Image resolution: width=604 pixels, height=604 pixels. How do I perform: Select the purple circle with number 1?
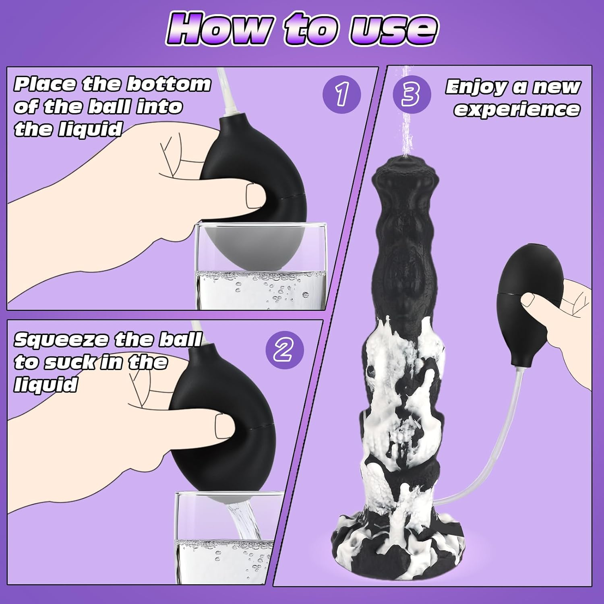click(341, 94)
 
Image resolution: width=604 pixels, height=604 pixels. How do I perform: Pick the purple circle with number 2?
click(284, 350)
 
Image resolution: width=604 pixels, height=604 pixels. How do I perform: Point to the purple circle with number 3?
click(412, 94)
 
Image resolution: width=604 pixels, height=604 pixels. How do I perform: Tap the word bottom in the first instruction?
click(169, 84)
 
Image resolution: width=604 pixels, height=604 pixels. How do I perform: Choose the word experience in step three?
click(517, 109)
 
